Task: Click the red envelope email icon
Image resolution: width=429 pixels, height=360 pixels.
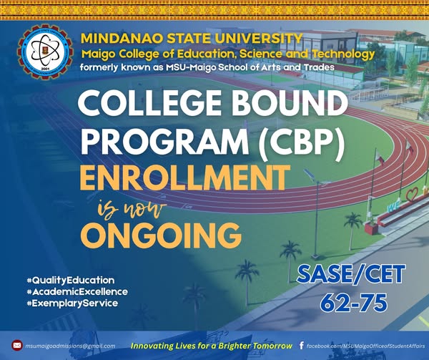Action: tap(17, 346)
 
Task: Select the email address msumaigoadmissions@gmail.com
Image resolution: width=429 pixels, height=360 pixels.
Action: tap(70, 346)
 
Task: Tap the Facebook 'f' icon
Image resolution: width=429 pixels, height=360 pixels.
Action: tap(301, 346)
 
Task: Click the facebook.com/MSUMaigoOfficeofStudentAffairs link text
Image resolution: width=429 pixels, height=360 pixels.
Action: tap(365, 346)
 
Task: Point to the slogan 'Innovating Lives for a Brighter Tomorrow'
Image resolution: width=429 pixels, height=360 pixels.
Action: tap(210, 346)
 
